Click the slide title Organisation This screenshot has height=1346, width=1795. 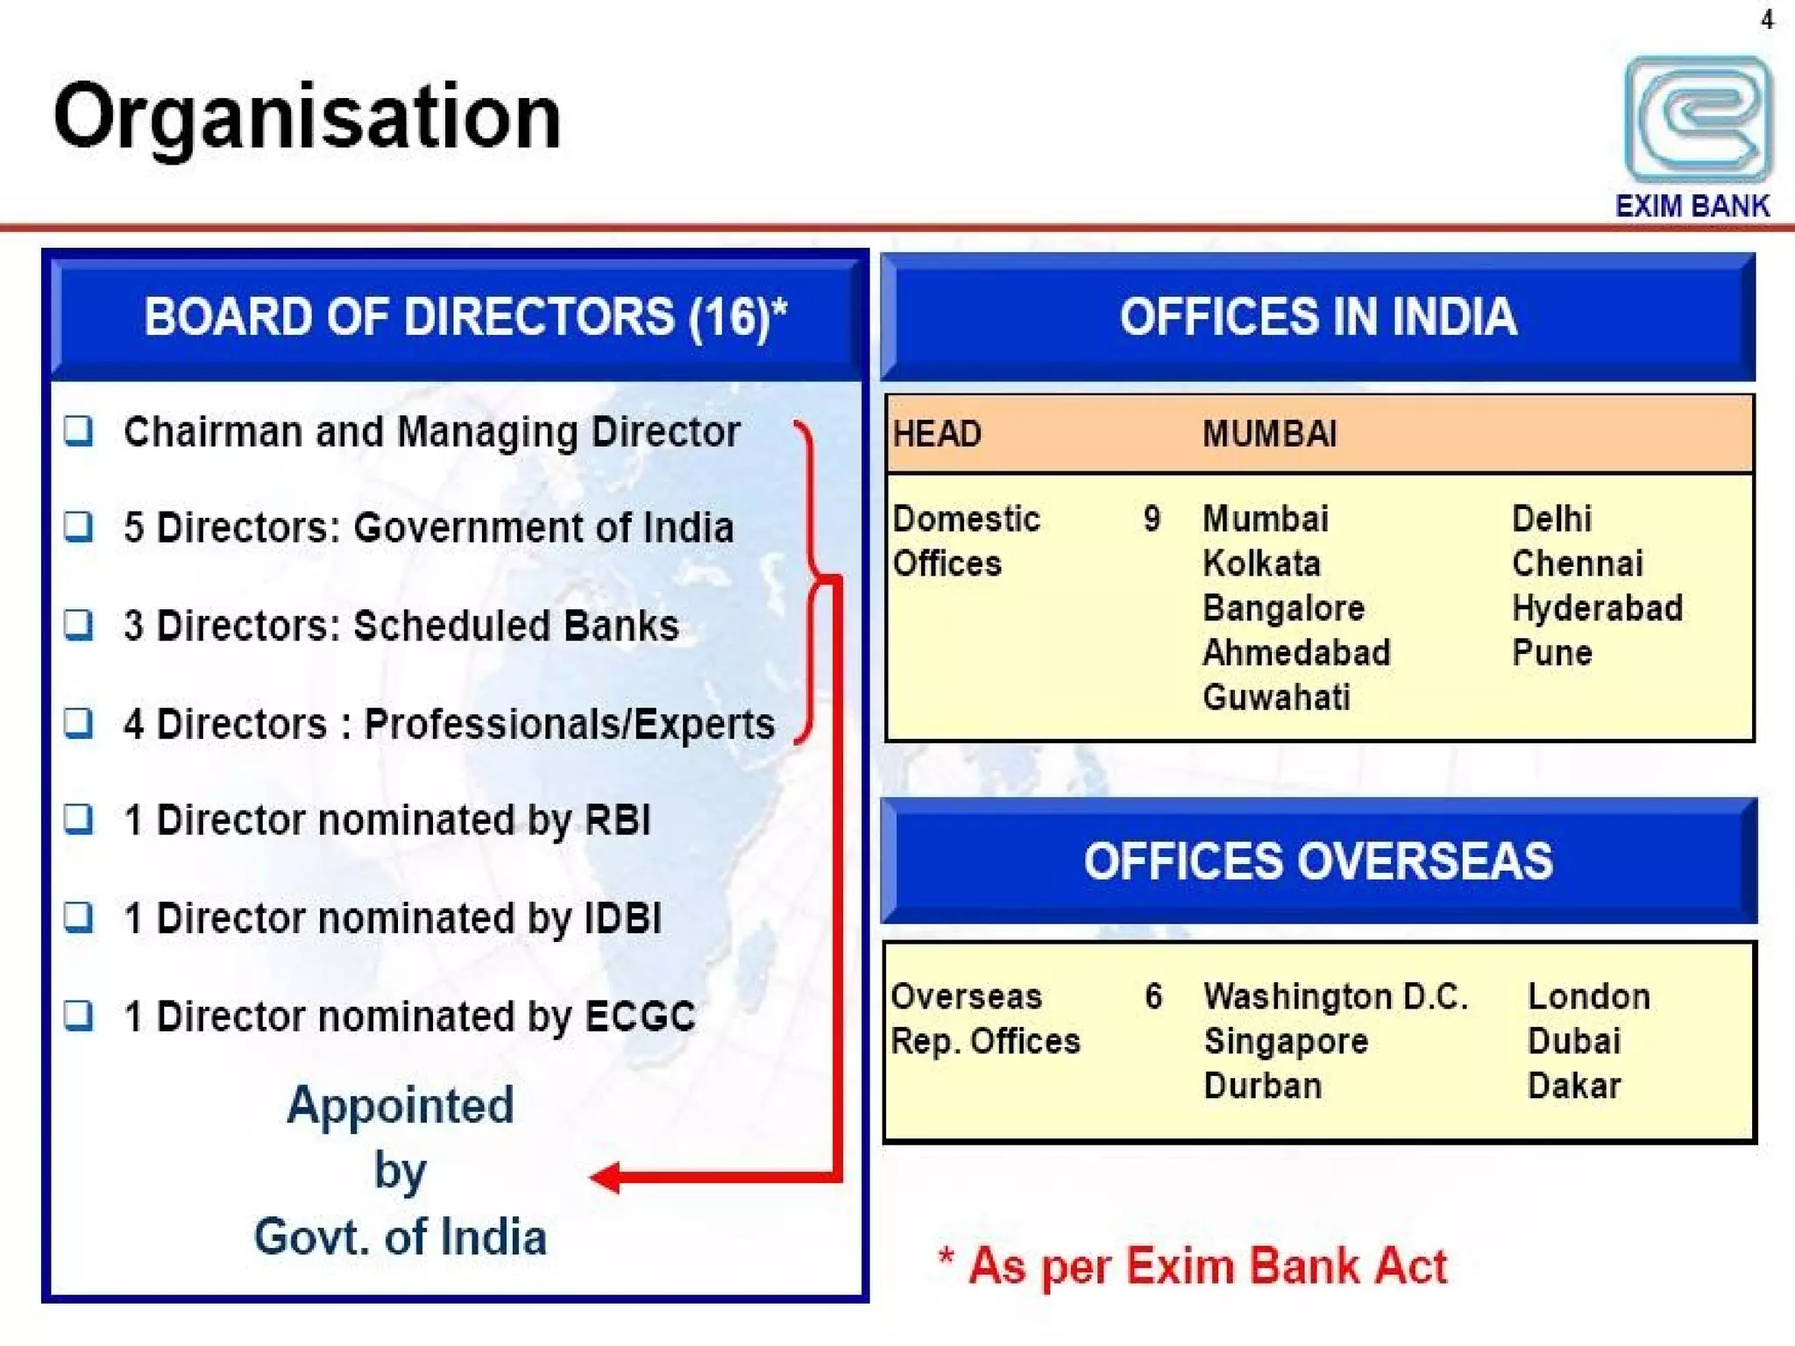[x=307, y=117]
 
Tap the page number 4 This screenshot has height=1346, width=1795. [x=1767, y=19]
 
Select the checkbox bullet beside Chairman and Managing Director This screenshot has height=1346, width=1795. [x=79, y=430]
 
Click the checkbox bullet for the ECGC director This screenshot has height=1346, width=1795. [x=79, y=1015]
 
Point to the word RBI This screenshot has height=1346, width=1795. [x=617, y=820]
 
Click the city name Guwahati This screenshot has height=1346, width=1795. [x=1276, y=698]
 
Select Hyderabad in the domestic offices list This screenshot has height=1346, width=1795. [x=1597, y=608]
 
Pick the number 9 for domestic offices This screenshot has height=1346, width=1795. [x=1152, y=519]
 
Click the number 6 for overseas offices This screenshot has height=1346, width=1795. [x=1153, y=996]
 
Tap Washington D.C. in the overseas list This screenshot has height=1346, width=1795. [x=1335, y=996]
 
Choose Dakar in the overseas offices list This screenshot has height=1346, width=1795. [x=1574, y=1086]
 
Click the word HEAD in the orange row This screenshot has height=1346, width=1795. [x=937, y=434]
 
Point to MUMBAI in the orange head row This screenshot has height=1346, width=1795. [x=1269, y=434]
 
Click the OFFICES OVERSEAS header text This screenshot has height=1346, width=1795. [x=1318, y=861]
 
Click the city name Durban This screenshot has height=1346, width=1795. [x=1262, y=1086]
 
